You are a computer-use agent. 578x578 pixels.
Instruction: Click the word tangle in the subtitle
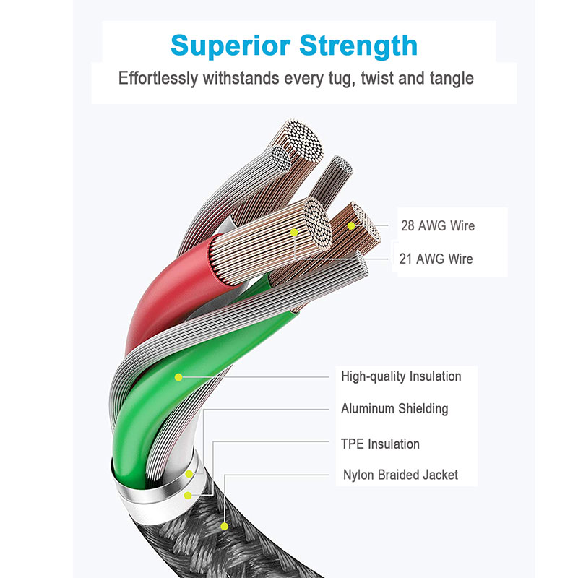click(449, 78)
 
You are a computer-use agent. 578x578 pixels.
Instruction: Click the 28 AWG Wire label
click(438, 225)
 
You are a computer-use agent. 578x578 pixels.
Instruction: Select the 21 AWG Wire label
click(436, 259)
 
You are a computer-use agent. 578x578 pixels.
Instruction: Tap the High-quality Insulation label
click(401, 376)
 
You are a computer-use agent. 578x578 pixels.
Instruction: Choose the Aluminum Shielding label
click(394, 409)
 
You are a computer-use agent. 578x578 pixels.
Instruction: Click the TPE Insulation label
click(380, 444)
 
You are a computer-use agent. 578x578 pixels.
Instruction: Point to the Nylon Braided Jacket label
click(400, 475)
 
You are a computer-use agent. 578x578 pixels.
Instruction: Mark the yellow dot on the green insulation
click(178, 376)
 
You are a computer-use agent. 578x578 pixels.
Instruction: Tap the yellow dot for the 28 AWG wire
click(352, 225)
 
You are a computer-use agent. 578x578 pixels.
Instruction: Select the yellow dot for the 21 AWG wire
click(295, 232)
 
